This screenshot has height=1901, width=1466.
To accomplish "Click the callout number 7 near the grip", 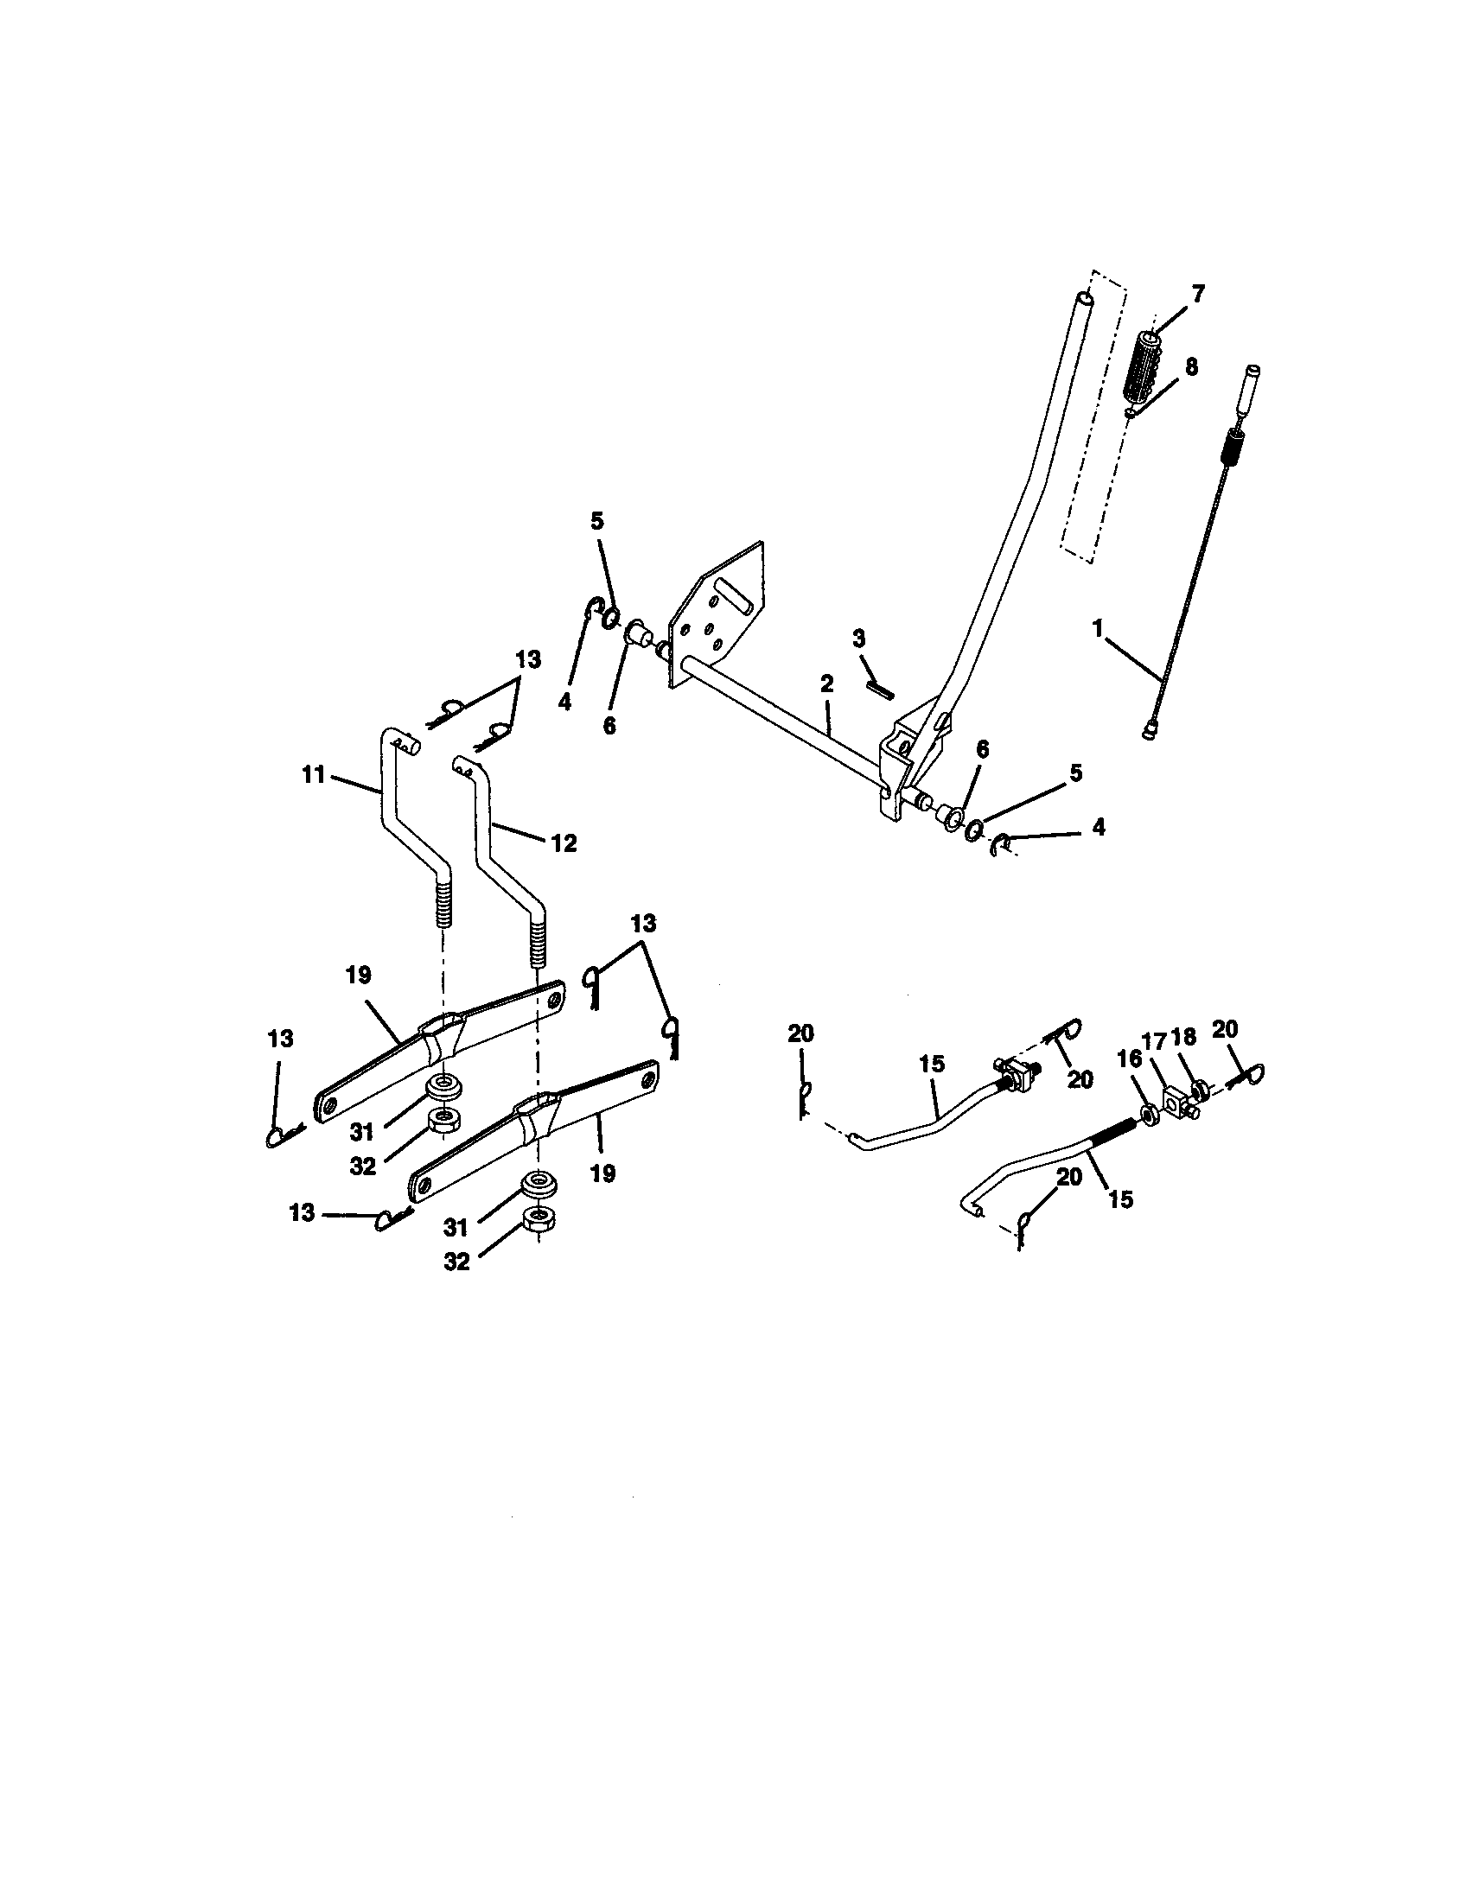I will (1198, 294).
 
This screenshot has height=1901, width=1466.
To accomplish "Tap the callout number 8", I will (1191, 366).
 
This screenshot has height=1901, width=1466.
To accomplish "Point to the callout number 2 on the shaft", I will (826, 683).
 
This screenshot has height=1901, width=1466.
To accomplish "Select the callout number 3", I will (859, 639).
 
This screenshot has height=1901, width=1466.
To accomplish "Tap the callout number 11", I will (314, 774).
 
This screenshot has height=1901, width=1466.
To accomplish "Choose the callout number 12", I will (564, 842).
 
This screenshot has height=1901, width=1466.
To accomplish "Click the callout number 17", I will (1153, 1041).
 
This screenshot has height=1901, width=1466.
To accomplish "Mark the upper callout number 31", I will (362, 1132).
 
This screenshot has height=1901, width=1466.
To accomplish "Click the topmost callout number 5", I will (596, 521).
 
